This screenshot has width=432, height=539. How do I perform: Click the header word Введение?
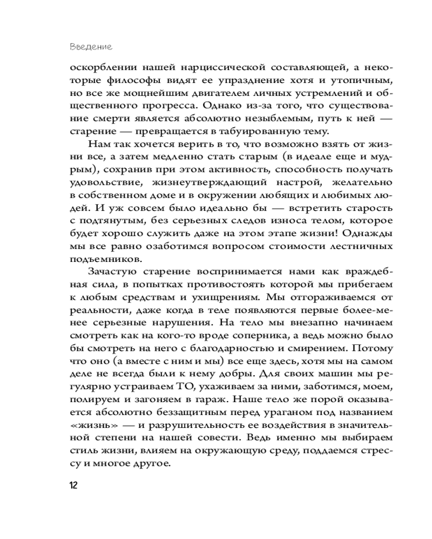91,47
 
